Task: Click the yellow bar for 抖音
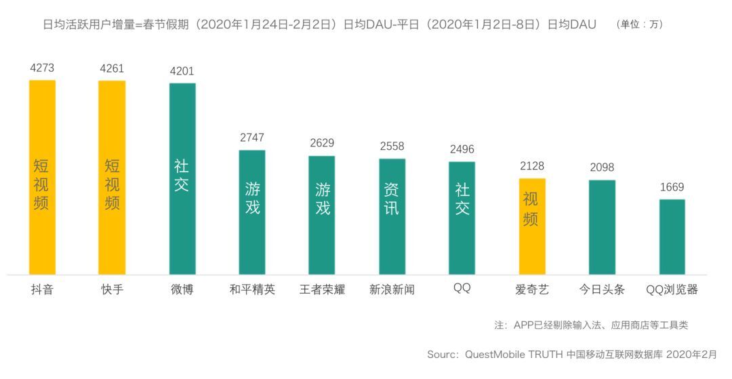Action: [42, 177]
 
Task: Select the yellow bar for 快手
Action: [112, 177]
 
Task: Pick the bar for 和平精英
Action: [252, 212]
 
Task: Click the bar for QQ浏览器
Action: [672, 237]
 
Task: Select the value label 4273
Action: [42, 68]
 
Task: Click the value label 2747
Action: [252, 138]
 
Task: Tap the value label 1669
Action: [672, 187]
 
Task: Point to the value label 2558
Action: [392, 146]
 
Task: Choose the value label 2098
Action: [602, 167]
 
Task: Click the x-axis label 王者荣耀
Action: [322, 290]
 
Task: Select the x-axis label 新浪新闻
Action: [392, 290]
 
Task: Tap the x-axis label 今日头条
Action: [602, 290]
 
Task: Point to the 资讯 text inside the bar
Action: [392, 199]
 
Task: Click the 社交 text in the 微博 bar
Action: [182, 176]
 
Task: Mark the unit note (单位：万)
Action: [640, 24]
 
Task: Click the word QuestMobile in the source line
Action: [495, 355]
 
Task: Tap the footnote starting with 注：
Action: [591, 325]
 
